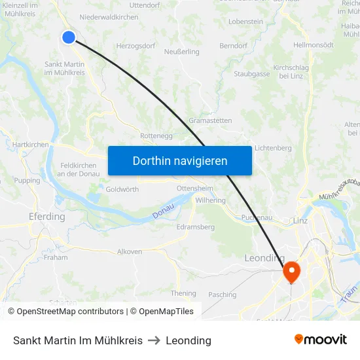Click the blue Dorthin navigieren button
(179, 160)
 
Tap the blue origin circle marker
(69, 37)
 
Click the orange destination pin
(291, 271)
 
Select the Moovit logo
(321, 340)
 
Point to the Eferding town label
(47, 217)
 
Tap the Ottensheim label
(195, 188)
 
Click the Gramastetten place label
(209, 120)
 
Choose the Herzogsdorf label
(135, 46)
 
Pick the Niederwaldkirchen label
(108, 17)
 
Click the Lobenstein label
(246, 22)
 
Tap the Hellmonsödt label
(314, 45)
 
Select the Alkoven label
(129, 251)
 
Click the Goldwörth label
(122, 189)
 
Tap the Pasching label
(222, 295)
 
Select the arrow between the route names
(154, 340)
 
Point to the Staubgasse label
(252, 74)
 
